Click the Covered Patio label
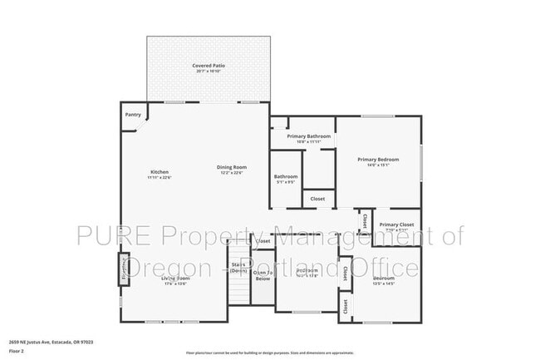[x=209, y=65]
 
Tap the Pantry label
[x=132, y=115]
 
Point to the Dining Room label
[x=232, y=167]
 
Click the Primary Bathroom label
[x=309, y=136]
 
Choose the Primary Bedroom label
[x=378, y=159]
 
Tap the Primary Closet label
[x=396, y=224]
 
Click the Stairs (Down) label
[x=238, y=269]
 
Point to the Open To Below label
[x=262, y=275]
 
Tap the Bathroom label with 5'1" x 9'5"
[x=286, y=176]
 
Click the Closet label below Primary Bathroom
[x=317, y=199]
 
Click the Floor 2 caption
[x=17, y=351]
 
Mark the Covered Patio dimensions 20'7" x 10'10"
[x=209, y=71]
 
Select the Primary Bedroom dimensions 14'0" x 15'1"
[x=378, y=165]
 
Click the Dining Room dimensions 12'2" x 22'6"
[x=232, y=173]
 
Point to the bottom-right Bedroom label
[x=384, y=278]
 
